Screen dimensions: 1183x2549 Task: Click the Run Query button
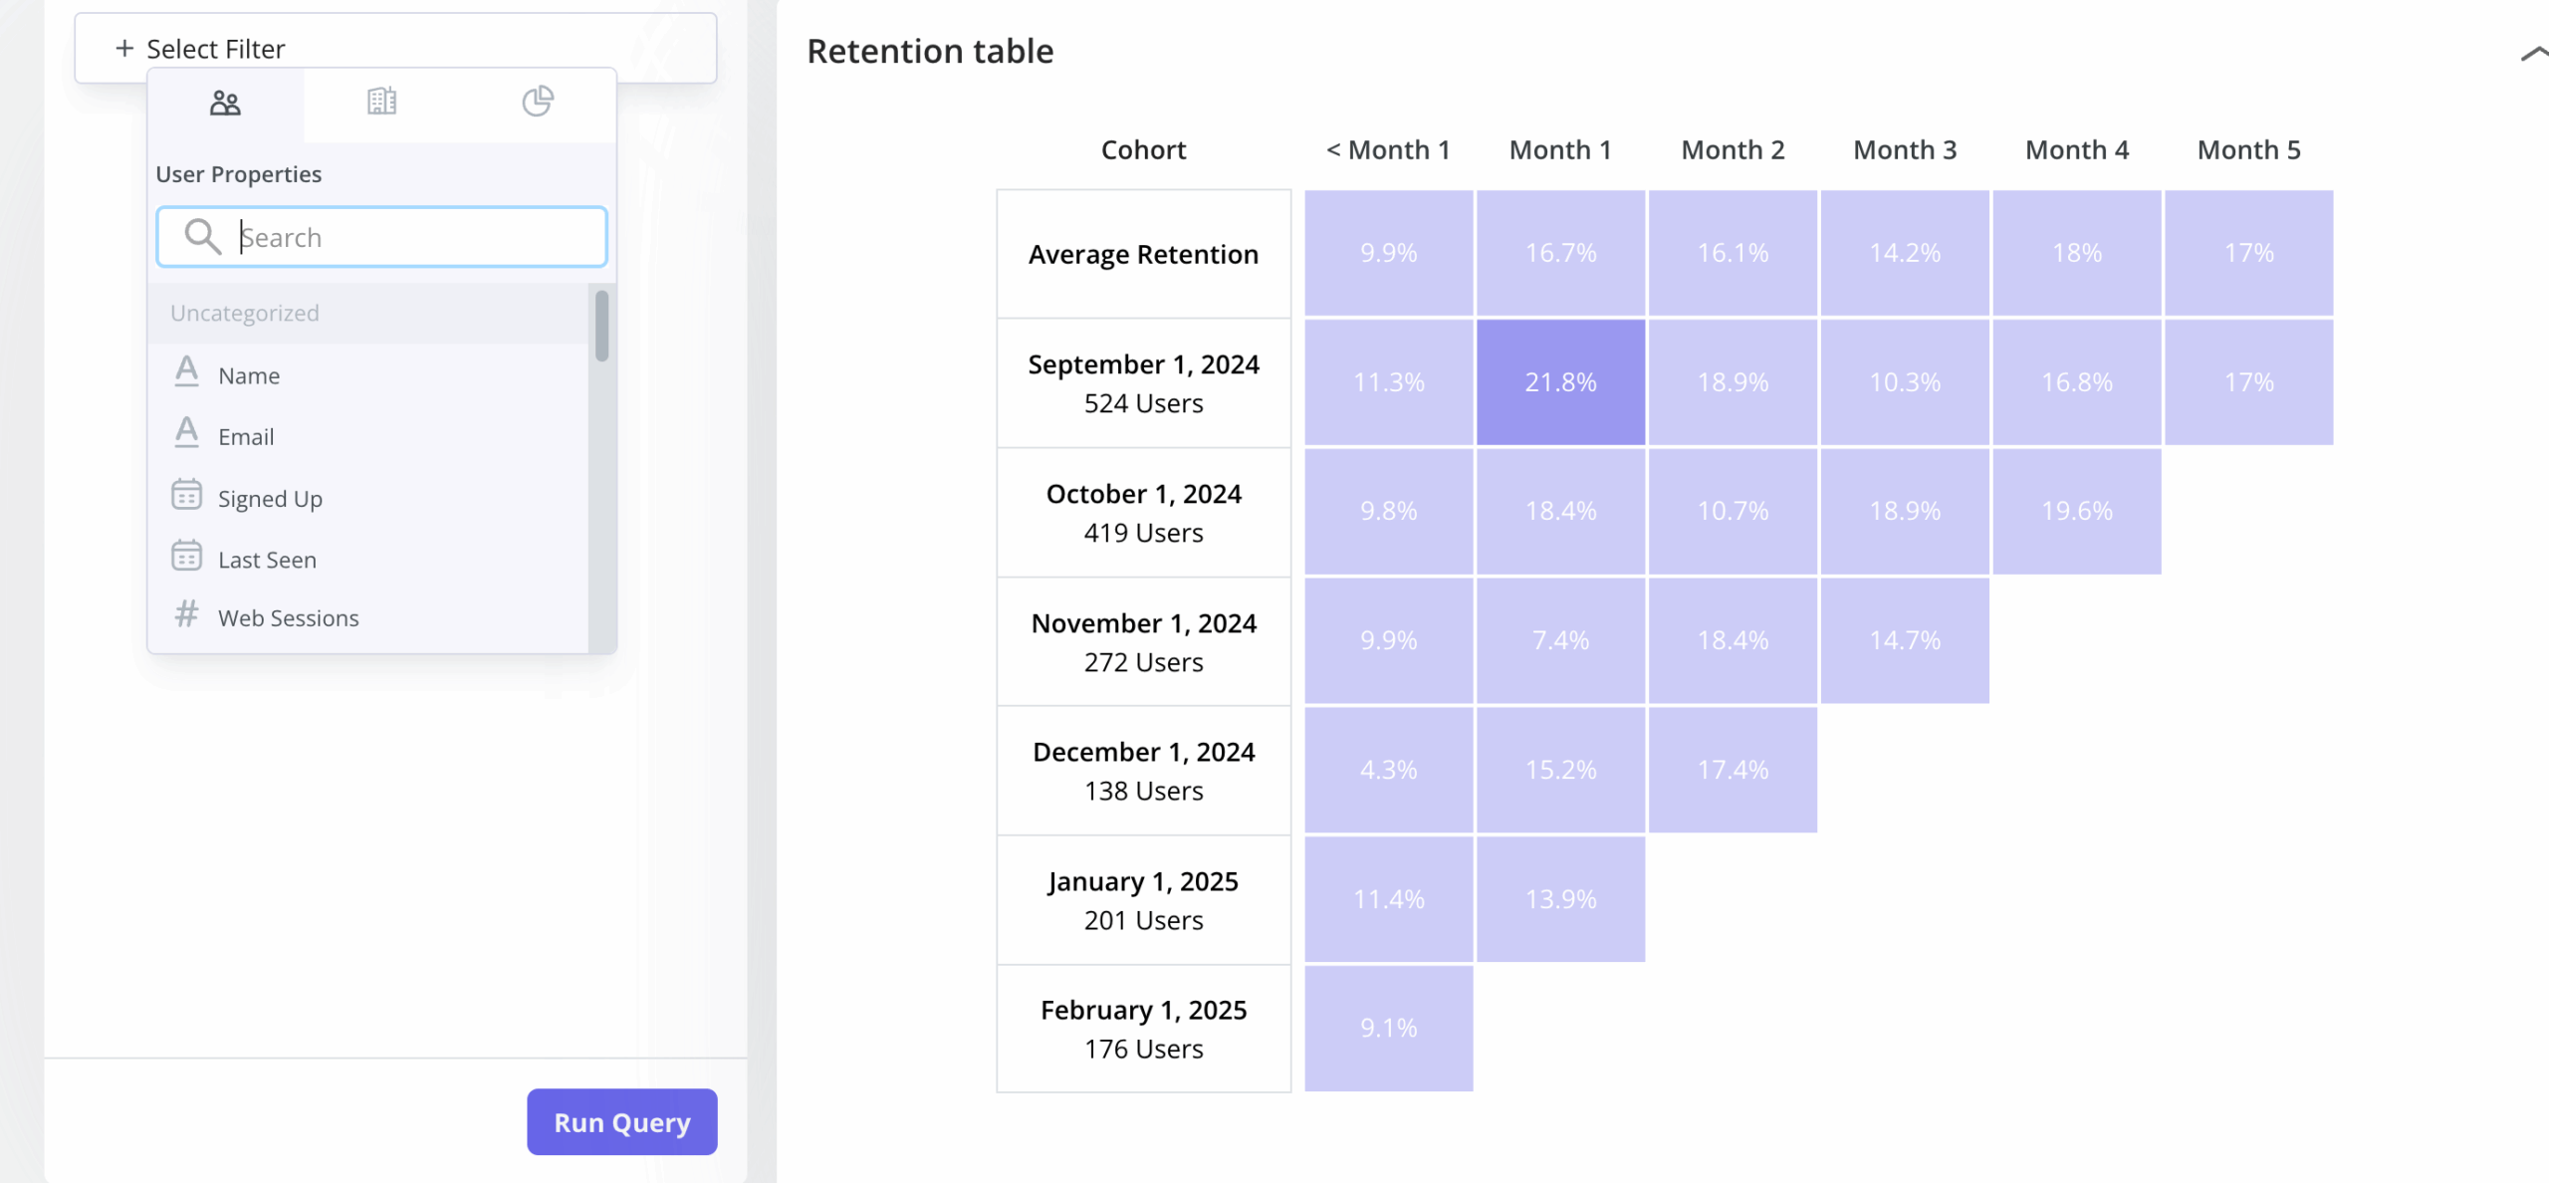621,1122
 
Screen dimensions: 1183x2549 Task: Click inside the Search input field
418,237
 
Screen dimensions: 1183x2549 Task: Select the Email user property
246,437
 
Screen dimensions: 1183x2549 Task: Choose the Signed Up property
270,499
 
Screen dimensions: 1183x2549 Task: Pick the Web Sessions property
288,618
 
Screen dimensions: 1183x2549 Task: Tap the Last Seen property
267,560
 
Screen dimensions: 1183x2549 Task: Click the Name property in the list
249,375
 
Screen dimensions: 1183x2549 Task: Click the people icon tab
225,103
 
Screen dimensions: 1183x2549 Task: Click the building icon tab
381,102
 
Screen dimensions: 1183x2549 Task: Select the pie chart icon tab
538,102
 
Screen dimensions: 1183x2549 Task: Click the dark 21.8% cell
1560,381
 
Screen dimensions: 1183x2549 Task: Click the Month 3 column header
1904,149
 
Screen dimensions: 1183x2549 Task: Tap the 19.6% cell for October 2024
2076,511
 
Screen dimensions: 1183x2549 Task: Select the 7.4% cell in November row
1560,640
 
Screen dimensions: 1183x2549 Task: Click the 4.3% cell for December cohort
1388,770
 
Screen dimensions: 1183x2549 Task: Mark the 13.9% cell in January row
1560,899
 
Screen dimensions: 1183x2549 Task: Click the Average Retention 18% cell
2076,253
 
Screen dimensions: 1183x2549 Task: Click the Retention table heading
929,51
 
